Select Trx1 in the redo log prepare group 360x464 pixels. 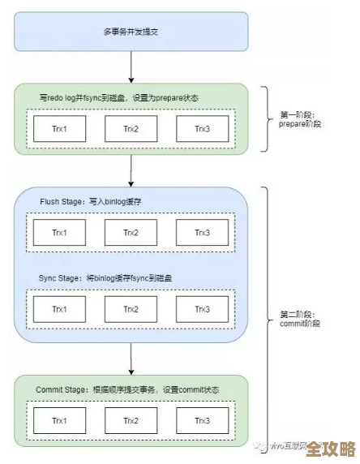59,128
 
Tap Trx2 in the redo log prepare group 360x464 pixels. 131,128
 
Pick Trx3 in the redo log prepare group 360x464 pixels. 203,128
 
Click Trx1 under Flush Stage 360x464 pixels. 59,233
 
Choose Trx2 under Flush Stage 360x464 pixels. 131,233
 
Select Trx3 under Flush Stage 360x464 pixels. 203,233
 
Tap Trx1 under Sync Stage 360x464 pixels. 59,310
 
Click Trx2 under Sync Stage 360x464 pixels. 131,310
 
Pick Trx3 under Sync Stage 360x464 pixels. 203,310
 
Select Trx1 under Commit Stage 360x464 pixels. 59,421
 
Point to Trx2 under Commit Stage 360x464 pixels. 131,421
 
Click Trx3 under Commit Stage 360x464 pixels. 203,421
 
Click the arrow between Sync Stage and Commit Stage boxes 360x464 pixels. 131,357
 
